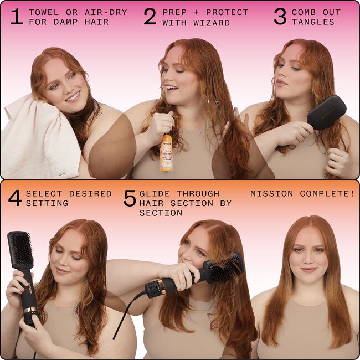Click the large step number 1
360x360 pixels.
pyautogui.click(x=17, y=17)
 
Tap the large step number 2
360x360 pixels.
pyautogui.click(x=150, y=17)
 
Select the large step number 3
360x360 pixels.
pyautogui.click(x=280, y=17)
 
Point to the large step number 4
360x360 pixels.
pyautogui.click(x=15, y=198)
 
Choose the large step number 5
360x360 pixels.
pyautogui.click(x=129, y=198)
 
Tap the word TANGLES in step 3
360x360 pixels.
pyautogui.click(x=313, y=22)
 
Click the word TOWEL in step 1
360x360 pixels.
pyautogui.click(x=43, y=12)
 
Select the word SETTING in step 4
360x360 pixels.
pyautogui.click(x=47, y=203)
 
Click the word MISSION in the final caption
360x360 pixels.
pyautogui.click(x=272, y=194)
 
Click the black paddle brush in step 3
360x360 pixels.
pyautogui.click(x=327, y=113)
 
